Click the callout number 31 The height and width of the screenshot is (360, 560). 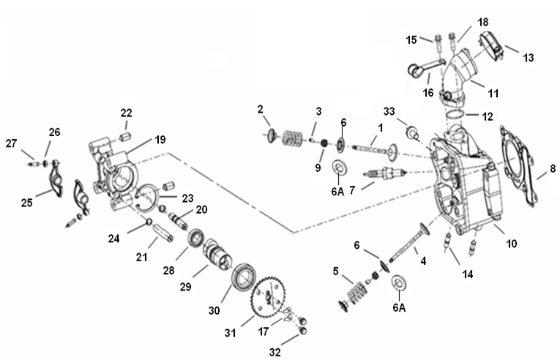click(230, 333)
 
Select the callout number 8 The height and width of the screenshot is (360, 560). click(553, 168)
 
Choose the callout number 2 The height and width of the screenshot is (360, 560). click(260, 110)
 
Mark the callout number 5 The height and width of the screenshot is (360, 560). click(337, 272)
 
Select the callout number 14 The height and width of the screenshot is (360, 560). click(467, 274)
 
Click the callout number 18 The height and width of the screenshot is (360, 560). click(463, 21)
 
